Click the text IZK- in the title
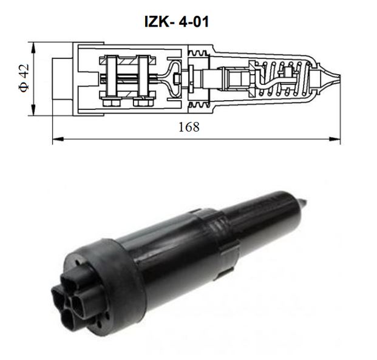160,22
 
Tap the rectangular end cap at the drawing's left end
62,79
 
